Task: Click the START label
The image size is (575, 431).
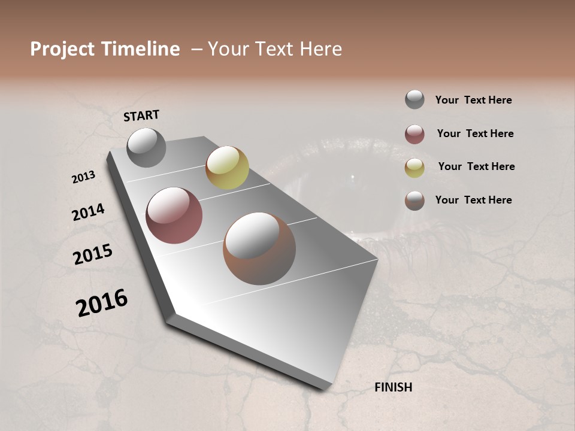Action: pyautogui.click(x=141, y=116)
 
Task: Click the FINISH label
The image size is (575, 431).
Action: pyautogui.click(x=393, y=387)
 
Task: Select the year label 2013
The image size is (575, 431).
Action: pyautogui.click(x=83, y=177)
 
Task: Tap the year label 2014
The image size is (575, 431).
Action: pyautogui.click(x=88, y=212)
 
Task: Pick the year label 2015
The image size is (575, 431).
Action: pyautogui.click(x=93, y=254)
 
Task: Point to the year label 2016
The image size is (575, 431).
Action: pyautogui.click(x=102, y=303)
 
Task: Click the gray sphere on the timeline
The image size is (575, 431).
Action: pyautogui.click(x=147, y=147)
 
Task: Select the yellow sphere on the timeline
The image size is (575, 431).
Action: pyautogui.click(x=227, y=168)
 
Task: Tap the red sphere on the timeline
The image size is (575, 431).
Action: pyautogui.click(x=174, y=215)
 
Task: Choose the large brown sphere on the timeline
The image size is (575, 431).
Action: pyautogui.click(x=259, y=248)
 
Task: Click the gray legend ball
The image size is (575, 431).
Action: pyautogui.click(x=414, y=100)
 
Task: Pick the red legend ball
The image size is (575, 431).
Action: pyautogui.click(x=414, y=134)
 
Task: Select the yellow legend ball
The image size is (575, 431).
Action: pyautogui.click(x=414, y=168)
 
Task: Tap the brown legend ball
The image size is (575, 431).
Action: pyautogui.click(x=414, y=201)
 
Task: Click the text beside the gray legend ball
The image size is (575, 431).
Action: pyautogui.click(x=473, y=100)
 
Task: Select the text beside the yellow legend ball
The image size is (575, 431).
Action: pyautogui.click(x=476, y=166)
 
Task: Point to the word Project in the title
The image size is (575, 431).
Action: pyautogui.click(x=62, y=49)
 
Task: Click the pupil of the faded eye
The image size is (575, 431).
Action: pyautogui.click(x=353, y=178)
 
